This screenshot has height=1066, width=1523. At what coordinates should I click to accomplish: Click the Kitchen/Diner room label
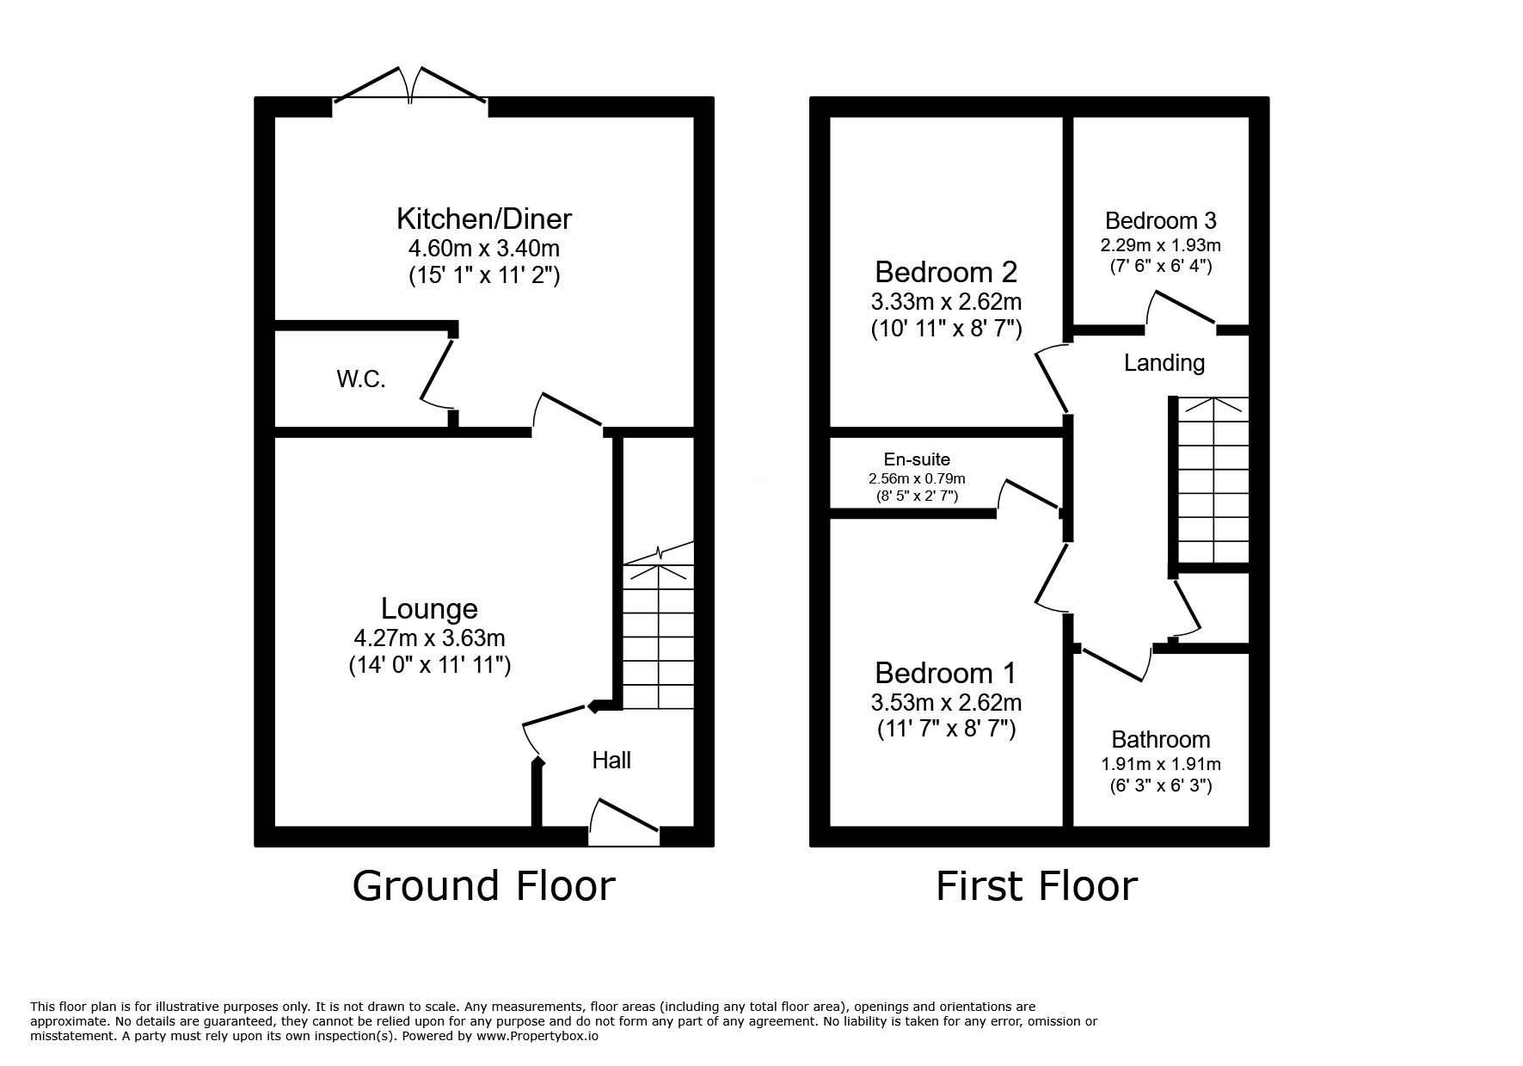[x=483, y=219]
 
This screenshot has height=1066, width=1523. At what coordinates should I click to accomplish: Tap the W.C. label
[x=360, y=379]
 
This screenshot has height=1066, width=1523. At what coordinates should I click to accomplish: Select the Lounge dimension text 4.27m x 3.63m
[x=429, y=638]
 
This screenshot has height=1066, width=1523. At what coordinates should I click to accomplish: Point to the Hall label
[x=611, y=760]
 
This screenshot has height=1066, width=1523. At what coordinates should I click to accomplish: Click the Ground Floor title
[x=483, y=886]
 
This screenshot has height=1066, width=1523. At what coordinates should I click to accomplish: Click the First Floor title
[x=1036, y=886]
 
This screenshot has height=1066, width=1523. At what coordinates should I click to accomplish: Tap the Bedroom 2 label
[x=946, y=272]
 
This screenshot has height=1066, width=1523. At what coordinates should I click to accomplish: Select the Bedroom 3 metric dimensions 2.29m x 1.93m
[x=1160, y=245]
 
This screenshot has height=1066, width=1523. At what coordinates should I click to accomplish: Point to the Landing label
[x=1164, y=362]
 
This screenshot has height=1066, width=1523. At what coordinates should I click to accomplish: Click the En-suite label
[x=917, y=459]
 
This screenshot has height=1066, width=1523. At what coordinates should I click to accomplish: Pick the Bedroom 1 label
[x=946, y=672]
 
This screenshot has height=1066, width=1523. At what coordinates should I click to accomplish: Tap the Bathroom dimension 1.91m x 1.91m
[x=1161, y=764]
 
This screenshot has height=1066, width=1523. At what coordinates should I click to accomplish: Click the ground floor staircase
[x=658, y=637]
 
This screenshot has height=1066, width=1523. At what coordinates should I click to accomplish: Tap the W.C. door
[x=437, y=375]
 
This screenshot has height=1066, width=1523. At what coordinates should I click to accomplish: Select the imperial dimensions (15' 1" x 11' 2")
[x=484, y=276]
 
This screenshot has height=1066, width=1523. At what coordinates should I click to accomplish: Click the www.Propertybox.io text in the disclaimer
[x=537, y=1036]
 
